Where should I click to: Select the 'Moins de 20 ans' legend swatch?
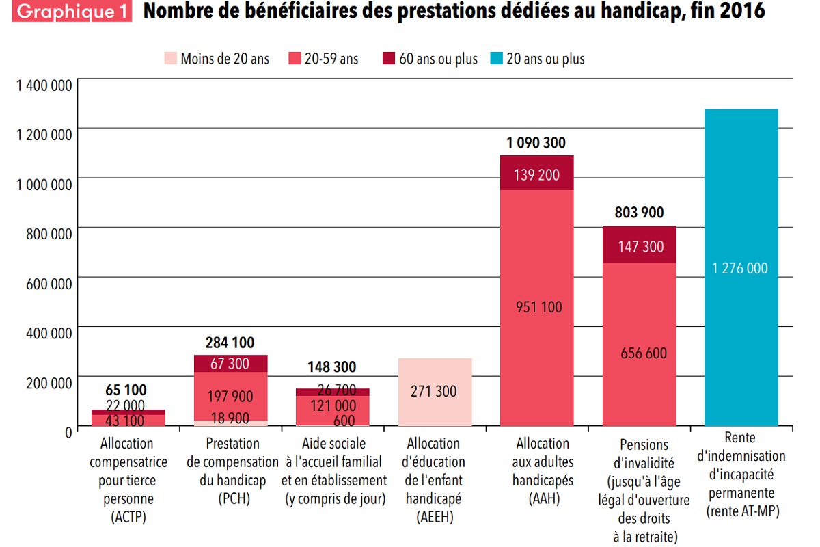point(169,59)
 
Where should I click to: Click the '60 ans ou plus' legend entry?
point(437,59)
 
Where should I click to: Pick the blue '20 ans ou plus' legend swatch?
point(495,59)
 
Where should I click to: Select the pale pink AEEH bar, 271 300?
point(435,392)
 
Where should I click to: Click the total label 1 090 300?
point(536,143)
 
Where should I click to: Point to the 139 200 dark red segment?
point(536,174)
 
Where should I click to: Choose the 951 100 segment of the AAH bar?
point(536,308)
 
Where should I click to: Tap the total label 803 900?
point(638,213)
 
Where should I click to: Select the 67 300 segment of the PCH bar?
point(230,364)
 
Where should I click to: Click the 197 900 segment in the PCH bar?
point(231,397)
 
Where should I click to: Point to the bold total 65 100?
point(126,390)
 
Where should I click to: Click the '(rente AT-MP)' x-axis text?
point(741,511)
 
